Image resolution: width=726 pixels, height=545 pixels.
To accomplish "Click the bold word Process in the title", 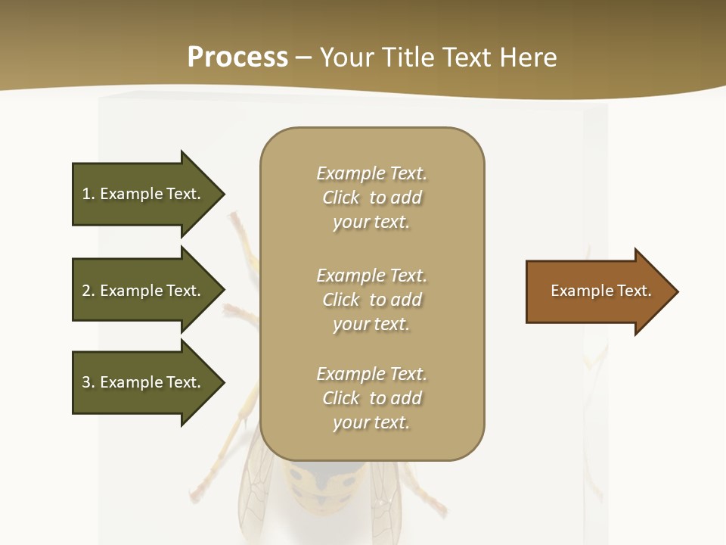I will point(237,58).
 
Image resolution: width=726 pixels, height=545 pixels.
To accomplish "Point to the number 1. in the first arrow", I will point(88,194).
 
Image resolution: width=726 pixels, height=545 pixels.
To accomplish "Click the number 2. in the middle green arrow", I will point(88,291).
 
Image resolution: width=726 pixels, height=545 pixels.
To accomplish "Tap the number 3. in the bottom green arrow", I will point(88,382).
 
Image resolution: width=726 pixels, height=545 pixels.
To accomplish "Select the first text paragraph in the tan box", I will point(371,198).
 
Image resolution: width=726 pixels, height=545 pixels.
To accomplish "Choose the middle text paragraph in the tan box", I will point(371,300).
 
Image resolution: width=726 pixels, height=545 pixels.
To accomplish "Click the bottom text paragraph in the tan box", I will point(371,398).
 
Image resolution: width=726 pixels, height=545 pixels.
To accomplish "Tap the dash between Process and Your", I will point(303,58).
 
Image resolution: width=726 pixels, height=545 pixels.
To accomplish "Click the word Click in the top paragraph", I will point(341,198).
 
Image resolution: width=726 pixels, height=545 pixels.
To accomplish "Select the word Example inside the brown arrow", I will point(576,291).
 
